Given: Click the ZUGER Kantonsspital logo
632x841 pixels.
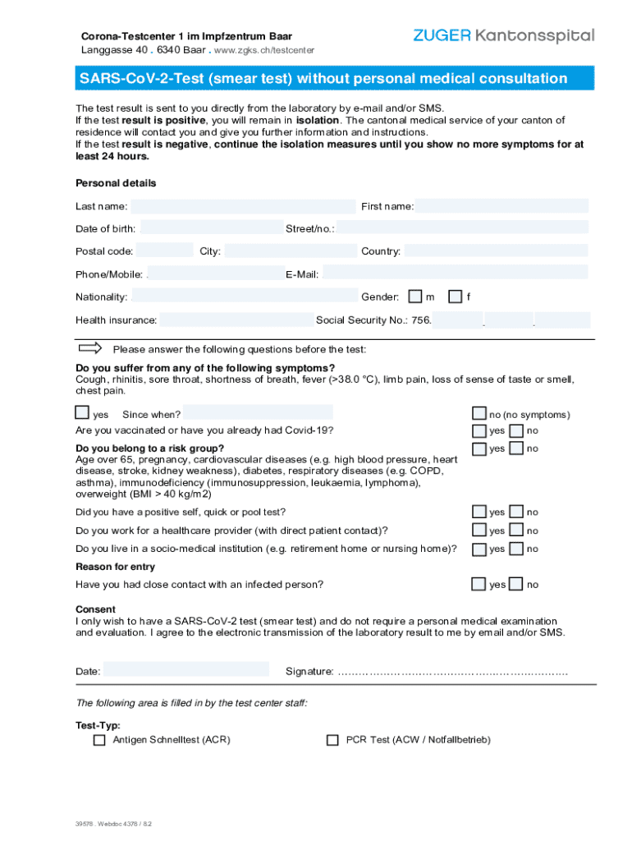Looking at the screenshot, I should pos(503,36).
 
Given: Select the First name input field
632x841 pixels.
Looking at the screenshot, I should pos(501,206).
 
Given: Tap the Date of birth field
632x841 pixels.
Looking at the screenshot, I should pos(210,228).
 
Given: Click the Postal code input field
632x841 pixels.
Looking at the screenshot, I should pos(165,251).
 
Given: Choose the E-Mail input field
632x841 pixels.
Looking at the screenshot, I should pos(455,273).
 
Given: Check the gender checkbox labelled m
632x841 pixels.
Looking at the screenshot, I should pos(415,296).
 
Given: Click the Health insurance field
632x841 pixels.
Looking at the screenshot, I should pos(236,320).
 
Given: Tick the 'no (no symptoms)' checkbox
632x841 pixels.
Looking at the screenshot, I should pos(479,413).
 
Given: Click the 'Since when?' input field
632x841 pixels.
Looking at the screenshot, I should pos(258,413).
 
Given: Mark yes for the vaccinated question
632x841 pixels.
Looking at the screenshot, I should pos(479,431).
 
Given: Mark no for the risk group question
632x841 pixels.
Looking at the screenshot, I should pos(516,448).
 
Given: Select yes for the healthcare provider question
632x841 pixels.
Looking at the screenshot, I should pos(479,531).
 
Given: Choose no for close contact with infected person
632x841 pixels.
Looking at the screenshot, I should pos(516,584).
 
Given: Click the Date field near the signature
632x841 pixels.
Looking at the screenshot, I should pos(185,670).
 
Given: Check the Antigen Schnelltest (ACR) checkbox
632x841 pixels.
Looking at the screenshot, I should pos(99,740).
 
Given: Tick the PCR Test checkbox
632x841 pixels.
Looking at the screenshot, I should pos(332,740).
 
